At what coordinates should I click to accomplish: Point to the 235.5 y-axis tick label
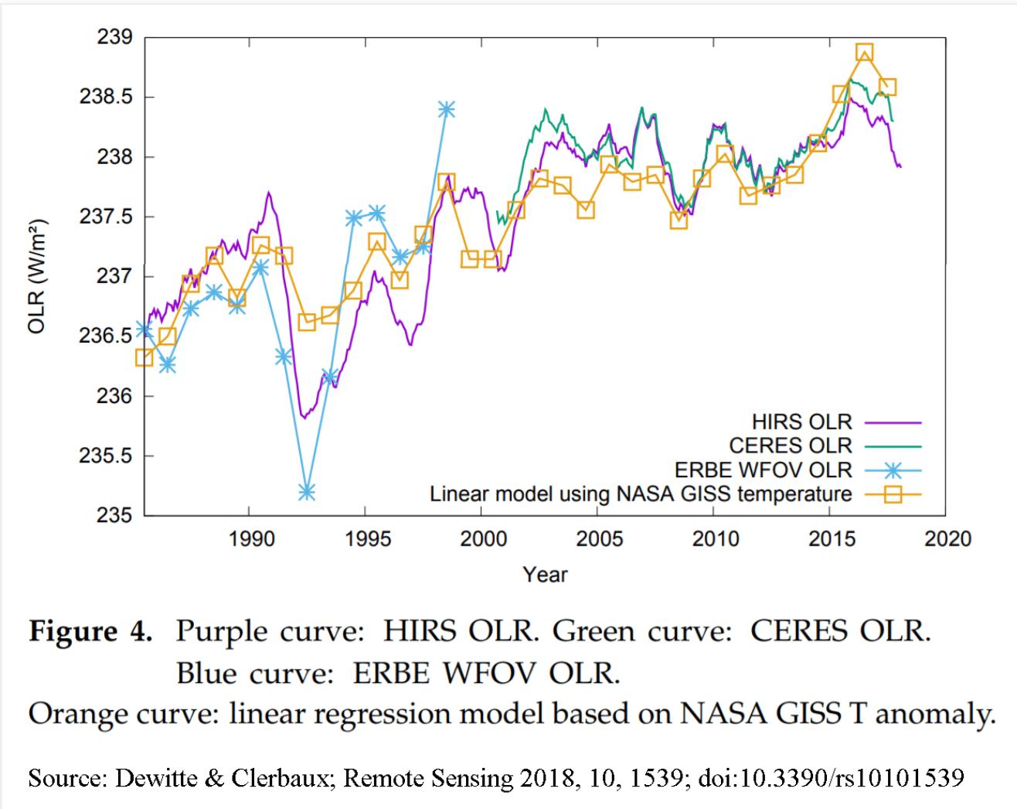(x=107, y=456)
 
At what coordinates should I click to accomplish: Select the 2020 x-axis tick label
(x=947, y=538)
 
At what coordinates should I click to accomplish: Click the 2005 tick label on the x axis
(x=599, y=538)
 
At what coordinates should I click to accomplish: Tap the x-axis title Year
(x=545, y=575)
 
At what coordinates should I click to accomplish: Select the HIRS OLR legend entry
(x=801, y=422)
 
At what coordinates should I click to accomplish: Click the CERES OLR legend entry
(x=791, y=445)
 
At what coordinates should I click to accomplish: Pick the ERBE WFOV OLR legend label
(x=763, y=469)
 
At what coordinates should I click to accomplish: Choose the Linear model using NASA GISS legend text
(x=641, y=493)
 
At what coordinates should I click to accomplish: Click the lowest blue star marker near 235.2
(x=307, y=491)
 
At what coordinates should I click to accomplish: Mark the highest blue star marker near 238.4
(x=446, y=109)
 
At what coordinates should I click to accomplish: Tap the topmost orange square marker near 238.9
(x=864, y=53)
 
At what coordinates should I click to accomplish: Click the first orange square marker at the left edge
(x=144, y=357)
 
